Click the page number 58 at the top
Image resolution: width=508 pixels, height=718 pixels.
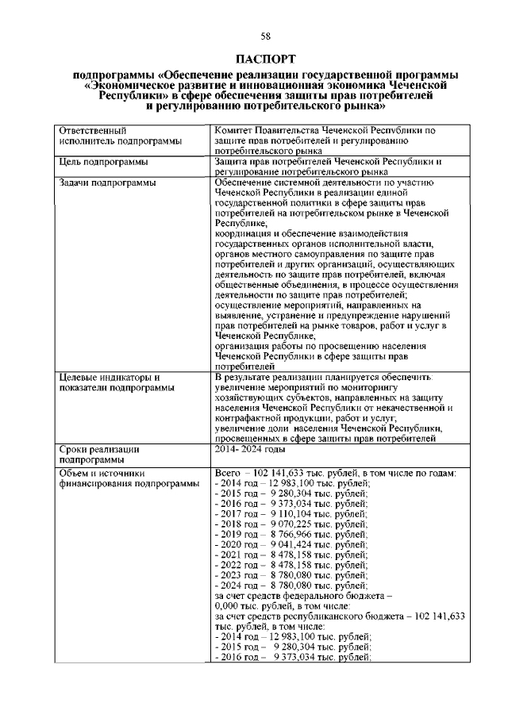[254, 36]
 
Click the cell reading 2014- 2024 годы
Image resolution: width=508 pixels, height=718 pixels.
[249, 449]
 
